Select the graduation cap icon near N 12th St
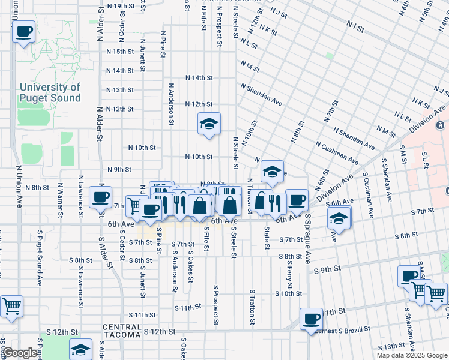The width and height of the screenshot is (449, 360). [x=209, y=124]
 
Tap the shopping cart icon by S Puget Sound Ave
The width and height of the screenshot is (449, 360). [x=11, y=306]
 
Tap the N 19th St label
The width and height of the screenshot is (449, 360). [x=120, y=6]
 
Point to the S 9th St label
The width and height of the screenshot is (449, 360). [x=327, y=270]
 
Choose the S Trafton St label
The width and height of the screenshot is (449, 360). [x=252, y=310]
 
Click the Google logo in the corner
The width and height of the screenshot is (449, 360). [x=20, y=353]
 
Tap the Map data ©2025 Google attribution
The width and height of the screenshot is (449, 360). [x=412, y=355]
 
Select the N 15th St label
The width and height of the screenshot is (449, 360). [x=119, y=52]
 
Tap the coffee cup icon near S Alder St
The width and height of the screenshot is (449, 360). [x=100, y=196]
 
